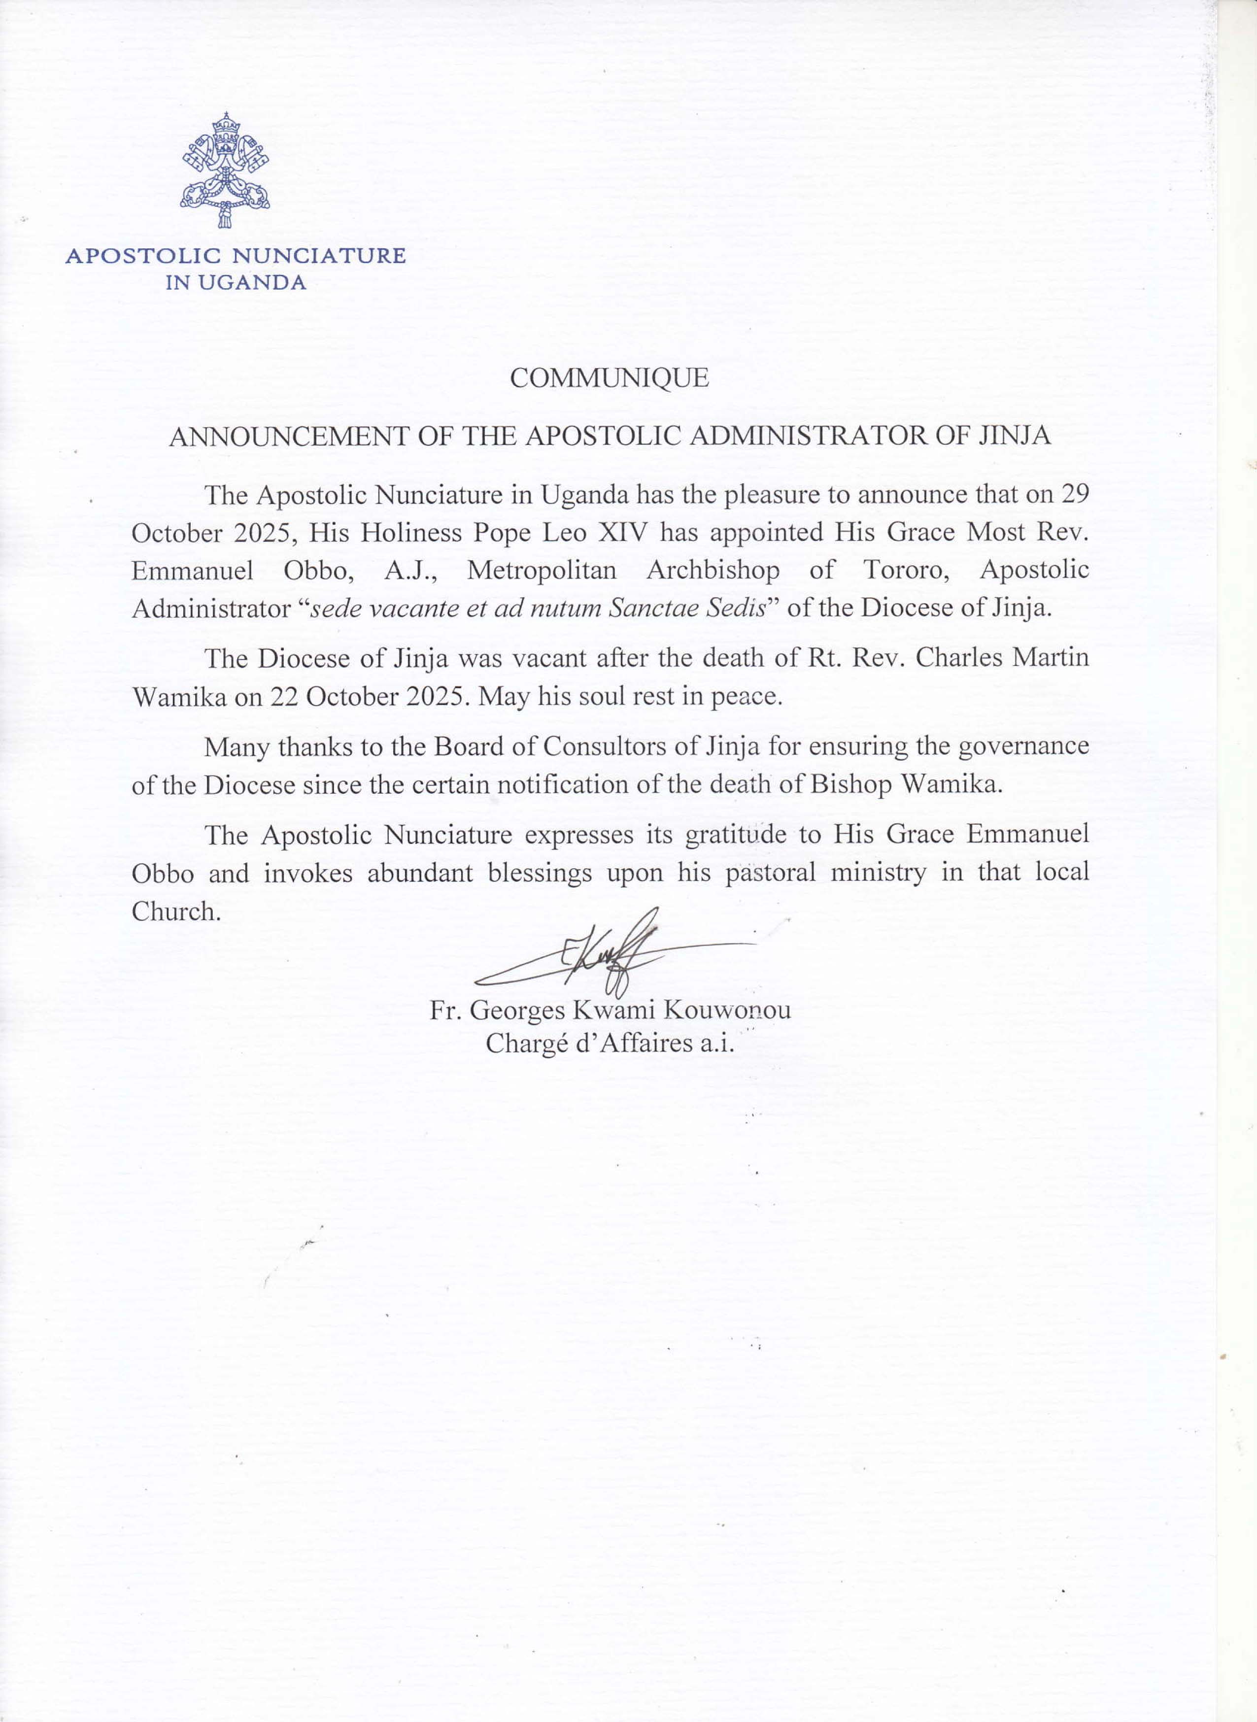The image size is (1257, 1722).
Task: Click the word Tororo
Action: click(906, 571)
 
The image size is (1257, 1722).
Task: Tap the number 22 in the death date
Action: click(283, 697)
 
